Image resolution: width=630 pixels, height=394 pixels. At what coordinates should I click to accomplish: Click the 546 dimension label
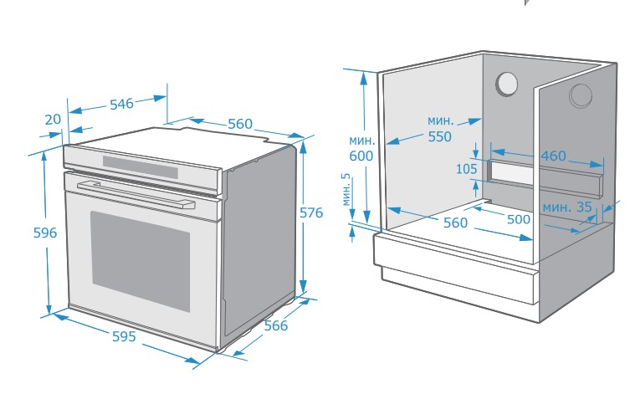click(121, 105)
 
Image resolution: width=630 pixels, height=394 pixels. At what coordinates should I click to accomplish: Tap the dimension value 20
click(53, 120)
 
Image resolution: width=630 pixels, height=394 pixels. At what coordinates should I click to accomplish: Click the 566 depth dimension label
click(275, 325)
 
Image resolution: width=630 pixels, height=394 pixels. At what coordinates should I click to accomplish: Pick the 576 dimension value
click(311, 213)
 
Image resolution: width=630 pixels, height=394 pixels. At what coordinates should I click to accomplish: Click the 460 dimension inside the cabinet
click(552, 156)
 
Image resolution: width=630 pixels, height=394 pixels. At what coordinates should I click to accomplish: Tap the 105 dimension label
click(466, 170)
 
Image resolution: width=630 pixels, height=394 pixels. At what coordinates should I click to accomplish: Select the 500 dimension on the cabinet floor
click(519, 219)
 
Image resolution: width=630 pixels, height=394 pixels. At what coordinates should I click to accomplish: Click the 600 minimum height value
click(361, 156)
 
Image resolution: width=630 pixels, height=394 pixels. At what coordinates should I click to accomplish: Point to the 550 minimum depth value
click(439, 137)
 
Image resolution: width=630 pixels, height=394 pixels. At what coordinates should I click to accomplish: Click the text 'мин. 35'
click(566, 207)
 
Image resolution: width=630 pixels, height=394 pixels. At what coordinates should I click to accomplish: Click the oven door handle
click(134, 193)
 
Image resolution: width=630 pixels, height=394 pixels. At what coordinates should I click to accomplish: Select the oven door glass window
click(140, 258)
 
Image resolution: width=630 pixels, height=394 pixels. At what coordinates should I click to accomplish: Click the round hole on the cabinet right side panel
click(580, 96)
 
